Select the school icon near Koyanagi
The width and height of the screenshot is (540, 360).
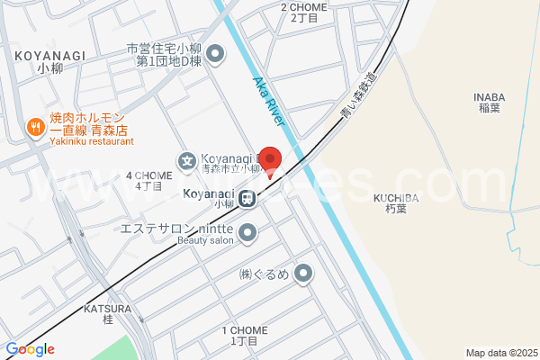click(187, 162)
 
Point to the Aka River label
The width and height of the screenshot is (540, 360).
click(269, 102)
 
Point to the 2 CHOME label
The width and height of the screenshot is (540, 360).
click(304, 12)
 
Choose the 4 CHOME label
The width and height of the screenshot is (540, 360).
click(148, 181)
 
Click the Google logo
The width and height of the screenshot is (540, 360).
click(30, 349)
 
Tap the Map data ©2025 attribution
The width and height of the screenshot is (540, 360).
click(499, 353)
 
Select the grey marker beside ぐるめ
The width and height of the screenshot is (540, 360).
click(304, 272)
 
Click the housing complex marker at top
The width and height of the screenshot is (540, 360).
click(215, 55)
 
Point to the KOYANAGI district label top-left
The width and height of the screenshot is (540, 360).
click(50, 60)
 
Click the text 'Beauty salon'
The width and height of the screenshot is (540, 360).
click(205, 239)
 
